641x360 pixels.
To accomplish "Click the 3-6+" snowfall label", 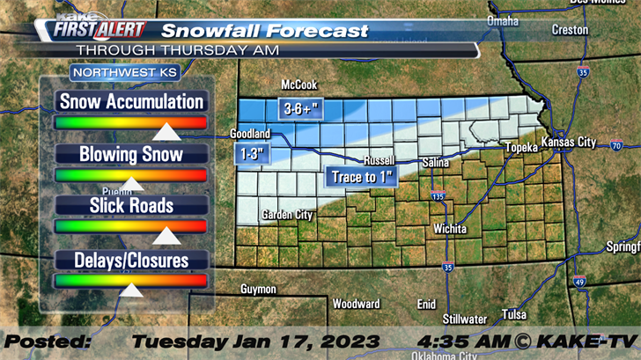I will (298, 109).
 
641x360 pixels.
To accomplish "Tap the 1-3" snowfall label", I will (251, 154).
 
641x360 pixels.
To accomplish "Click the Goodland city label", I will (248, 134).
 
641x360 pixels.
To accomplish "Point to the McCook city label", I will (298, 84).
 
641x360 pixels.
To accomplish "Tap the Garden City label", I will (287, 214).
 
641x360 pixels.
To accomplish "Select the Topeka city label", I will (520, 148).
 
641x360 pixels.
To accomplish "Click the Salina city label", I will (435, 163).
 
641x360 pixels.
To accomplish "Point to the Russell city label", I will (379, 162).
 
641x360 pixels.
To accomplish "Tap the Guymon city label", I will (258, 289).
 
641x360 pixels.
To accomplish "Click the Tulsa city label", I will (514, 314).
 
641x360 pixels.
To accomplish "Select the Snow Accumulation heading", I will (131, 101).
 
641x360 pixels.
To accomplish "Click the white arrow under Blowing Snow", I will (131, 184).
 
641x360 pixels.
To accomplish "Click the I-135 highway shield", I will (438, 196).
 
